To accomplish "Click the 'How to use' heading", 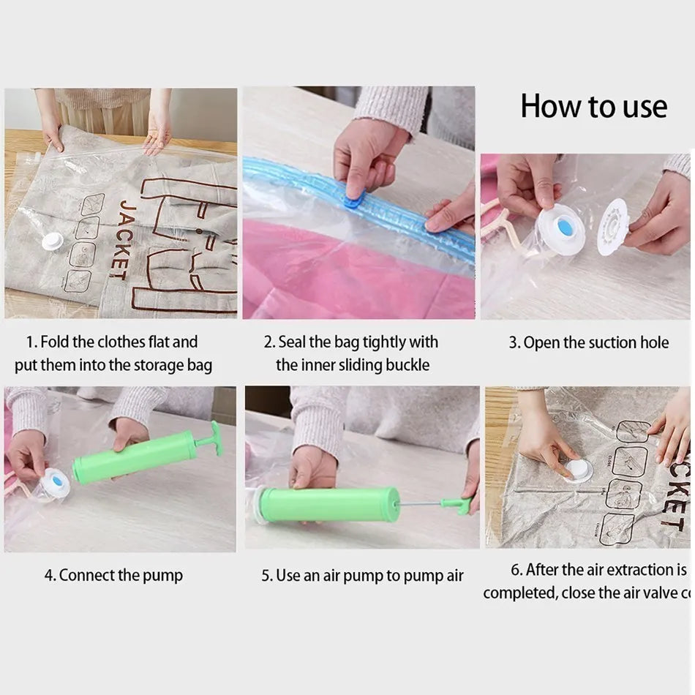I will point(593,107).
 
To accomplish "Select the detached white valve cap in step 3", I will point(612,228).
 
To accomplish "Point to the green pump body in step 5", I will point(329,505).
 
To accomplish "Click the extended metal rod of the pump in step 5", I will point(420,503).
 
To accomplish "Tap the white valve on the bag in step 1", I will point(52,241).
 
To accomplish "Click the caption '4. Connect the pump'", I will point(113,576).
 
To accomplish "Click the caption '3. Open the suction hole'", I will point(589,342).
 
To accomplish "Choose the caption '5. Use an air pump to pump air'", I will point(362,576).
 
